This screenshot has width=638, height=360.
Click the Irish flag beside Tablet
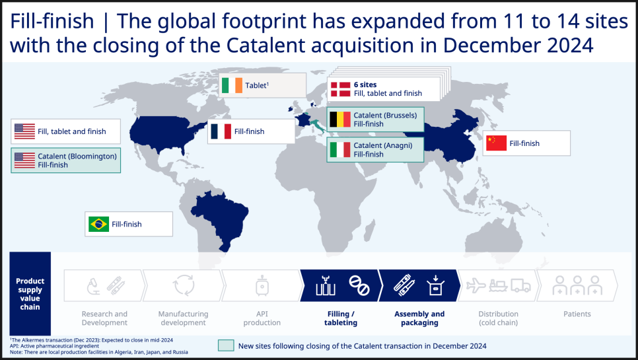click(x=232, y=85)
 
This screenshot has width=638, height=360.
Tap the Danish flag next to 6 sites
click(x=340, y=89)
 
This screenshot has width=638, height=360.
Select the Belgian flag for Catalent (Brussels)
click(x=339, y=119)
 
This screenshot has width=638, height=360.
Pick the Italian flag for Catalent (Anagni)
click(x=339, y=150)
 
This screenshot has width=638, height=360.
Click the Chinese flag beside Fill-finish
click(x=497, y=143)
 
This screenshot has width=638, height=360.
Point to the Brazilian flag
click(x=99, y=224)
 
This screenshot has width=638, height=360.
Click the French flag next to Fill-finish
click(x=221, y=131)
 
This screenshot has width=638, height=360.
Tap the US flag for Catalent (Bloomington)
click(x=25, y=161)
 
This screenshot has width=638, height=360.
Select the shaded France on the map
click(x=302, y=120)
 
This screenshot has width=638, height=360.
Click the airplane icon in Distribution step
click(x=476, y=285)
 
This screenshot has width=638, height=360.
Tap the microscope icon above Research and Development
click(x=94, y=286)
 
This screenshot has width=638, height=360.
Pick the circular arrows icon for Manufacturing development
click(x=184, y=285)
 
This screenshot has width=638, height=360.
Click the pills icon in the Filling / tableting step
click(x=359, y=285)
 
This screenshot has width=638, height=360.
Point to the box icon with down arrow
click(x=435, y=285)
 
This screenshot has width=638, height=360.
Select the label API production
click(x=262, y=318)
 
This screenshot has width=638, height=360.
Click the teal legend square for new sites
click(x=226, y=345)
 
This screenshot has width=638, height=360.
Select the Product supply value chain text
click(x=30, y=294)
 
